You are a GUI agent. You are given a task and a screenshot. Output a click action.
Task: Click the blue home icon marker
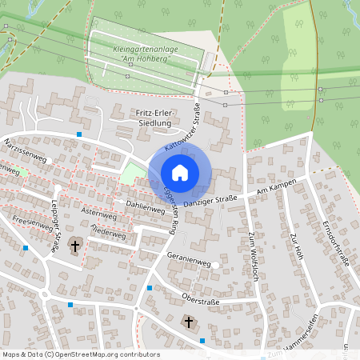point(180,172)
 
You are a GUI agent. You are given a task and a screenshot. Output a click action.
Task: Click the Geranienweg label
point(189,262)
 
